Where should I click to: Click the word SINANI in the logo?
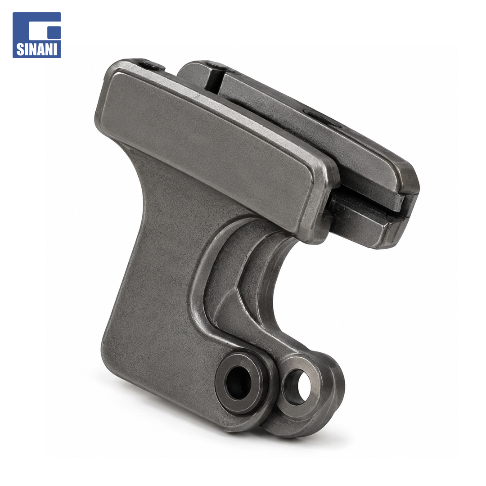[x=36, y=49]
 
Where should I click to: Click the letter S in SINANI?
[x=20, y=49]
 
